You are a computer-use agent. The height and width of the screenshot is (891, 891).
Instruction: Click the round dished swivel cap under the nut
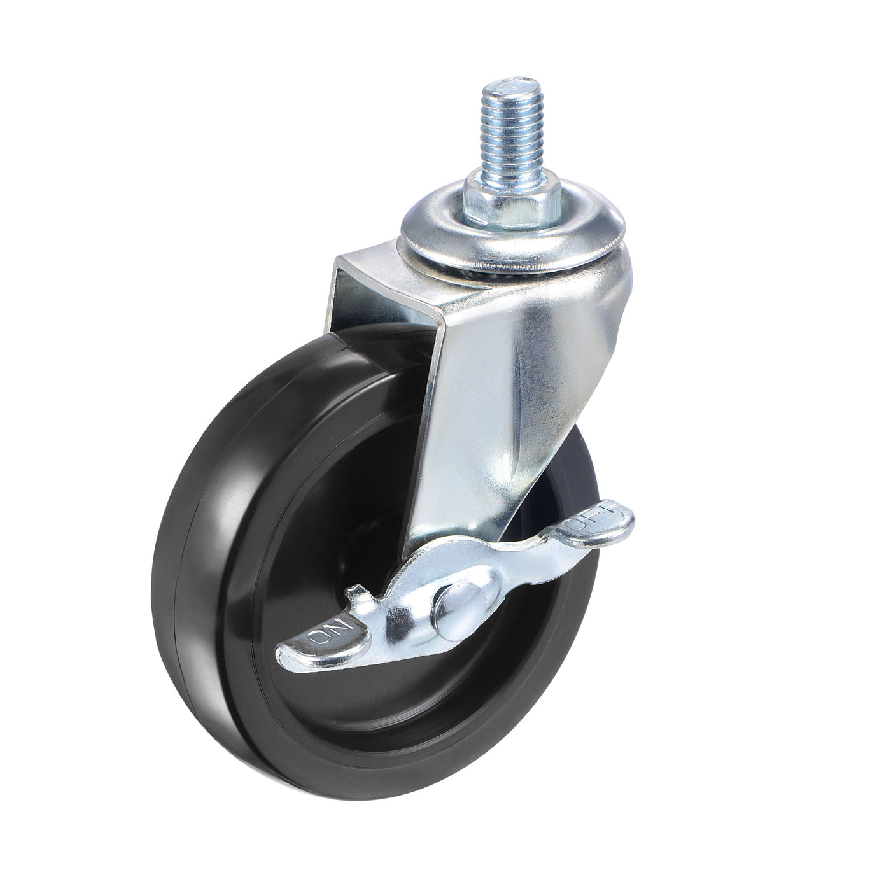[x=445, y=235]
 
